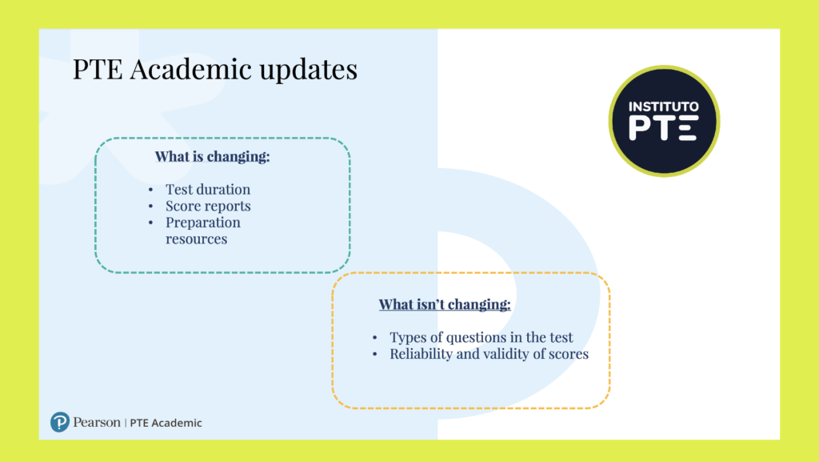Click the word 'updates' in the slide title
(308, 70)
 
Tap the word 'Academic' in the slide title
(190, 69)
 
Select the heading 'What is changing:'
(212, 156)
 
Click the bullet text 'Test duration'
(208, 189)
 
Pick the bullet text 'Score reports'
(208, 206)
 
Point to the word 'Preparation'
(202, 223)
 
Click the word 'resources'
(197, 239)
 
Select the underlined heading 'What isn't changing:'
(445, 304)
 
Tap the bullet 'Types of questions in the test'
(481, 337)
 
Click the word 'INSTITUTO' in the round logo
(663, 106)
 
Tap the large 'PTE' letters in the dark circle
(663, 129)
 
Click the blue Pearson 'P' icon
(59, 422)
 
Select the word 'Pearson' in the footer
(97, 422)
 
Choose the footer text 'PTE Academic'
(166, 423)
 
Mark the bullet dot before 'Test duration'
(150, 190)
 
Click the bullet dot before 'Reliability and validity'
(374, 355)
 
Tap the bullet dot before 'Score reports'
(150, 207)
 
